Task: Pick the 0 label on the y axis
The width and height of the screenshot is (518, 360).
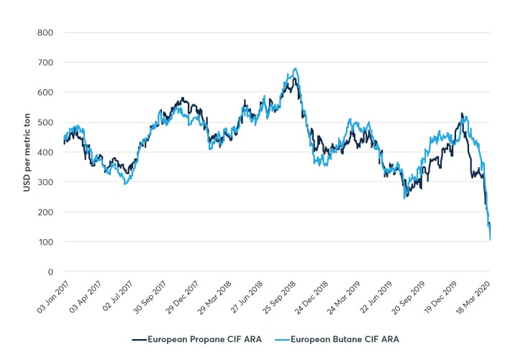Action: point(49,271)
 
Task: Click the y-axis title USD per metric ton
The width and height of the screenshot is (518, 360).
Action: point(27,152)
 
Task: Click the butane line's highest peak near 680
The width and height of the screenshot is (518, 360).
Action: point(296,69)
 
